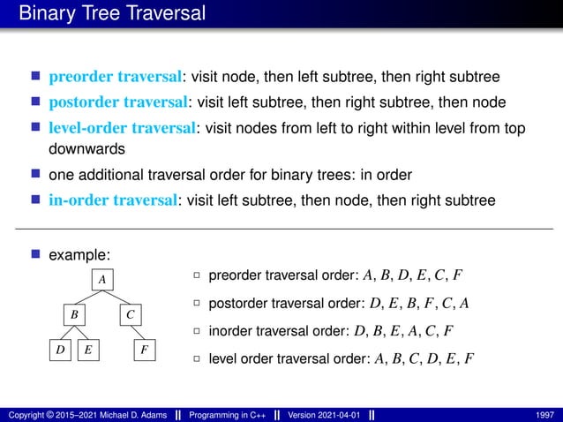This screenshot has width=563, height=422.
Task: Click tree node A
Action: tap(102, 279)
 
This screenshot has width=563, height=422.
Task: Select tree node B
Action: tap(76, 313)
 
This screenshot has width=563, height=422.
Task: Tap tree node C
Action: tap(129, 313)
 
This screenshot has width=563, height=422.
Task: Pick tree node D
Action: tap(59, 350)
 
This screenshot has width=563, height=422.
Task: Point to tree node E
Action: tap(89, 350)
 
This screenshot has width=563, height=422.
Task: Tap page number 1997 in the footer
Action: tap(544, 414)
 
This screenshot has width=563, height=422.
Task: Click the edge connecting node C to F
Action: tap(138, 332)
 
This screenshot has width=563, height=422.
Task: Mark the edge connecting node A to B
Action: tap(89, 297)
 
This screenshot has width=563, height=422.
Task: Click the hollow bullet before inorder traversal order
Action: tap(198, 333)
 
